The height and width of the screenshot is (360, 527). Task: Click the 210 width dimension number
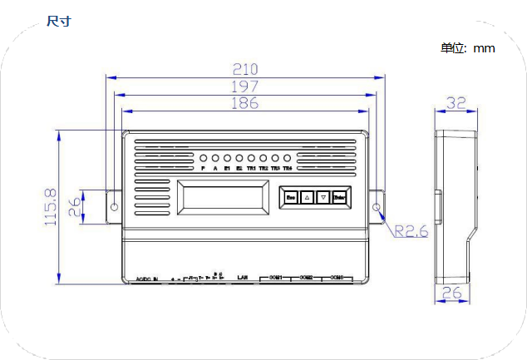pyautogui.click(x=246, y=68)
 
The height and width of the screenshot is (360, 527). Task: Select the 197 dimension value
pyautogui.click(x=246, y=86)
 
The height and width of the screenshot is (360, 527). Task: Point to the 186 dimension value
pyautogui.click(x=246, y=103)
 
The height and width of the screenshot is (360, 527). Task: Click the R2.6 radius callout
pyautogui.click(x=411, y=231)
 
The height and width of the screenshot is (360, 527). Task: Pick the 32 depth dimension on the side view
pyautogui.click(x=456, y=103)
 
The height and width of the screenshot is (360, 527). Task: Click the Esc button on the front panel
pyautogui.click(x=291, y=197)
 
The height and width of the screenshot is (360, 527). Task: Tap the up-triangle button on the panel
pyautogui.click(x=307, y=197)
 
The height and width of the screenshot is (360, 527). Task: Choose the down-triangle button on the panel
pyautogui.click(x=323, y=197)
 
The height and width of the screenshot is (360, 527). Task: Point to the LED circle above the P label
pyautogui.click(x=203, y=158)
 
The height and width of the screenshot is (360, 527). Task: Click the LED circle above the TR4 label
pyautogui.click(x=287, y=158)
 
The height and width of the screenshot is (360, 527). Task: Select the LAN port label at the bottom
pyautogui.click(x=243, y=276)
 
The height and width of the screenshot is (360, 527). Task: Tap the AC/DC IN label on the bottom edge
pyautogui.click(x=146, y=279)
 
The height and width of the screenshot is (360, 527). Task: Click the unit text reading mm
pyautogui.click(x=484, y=48)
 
